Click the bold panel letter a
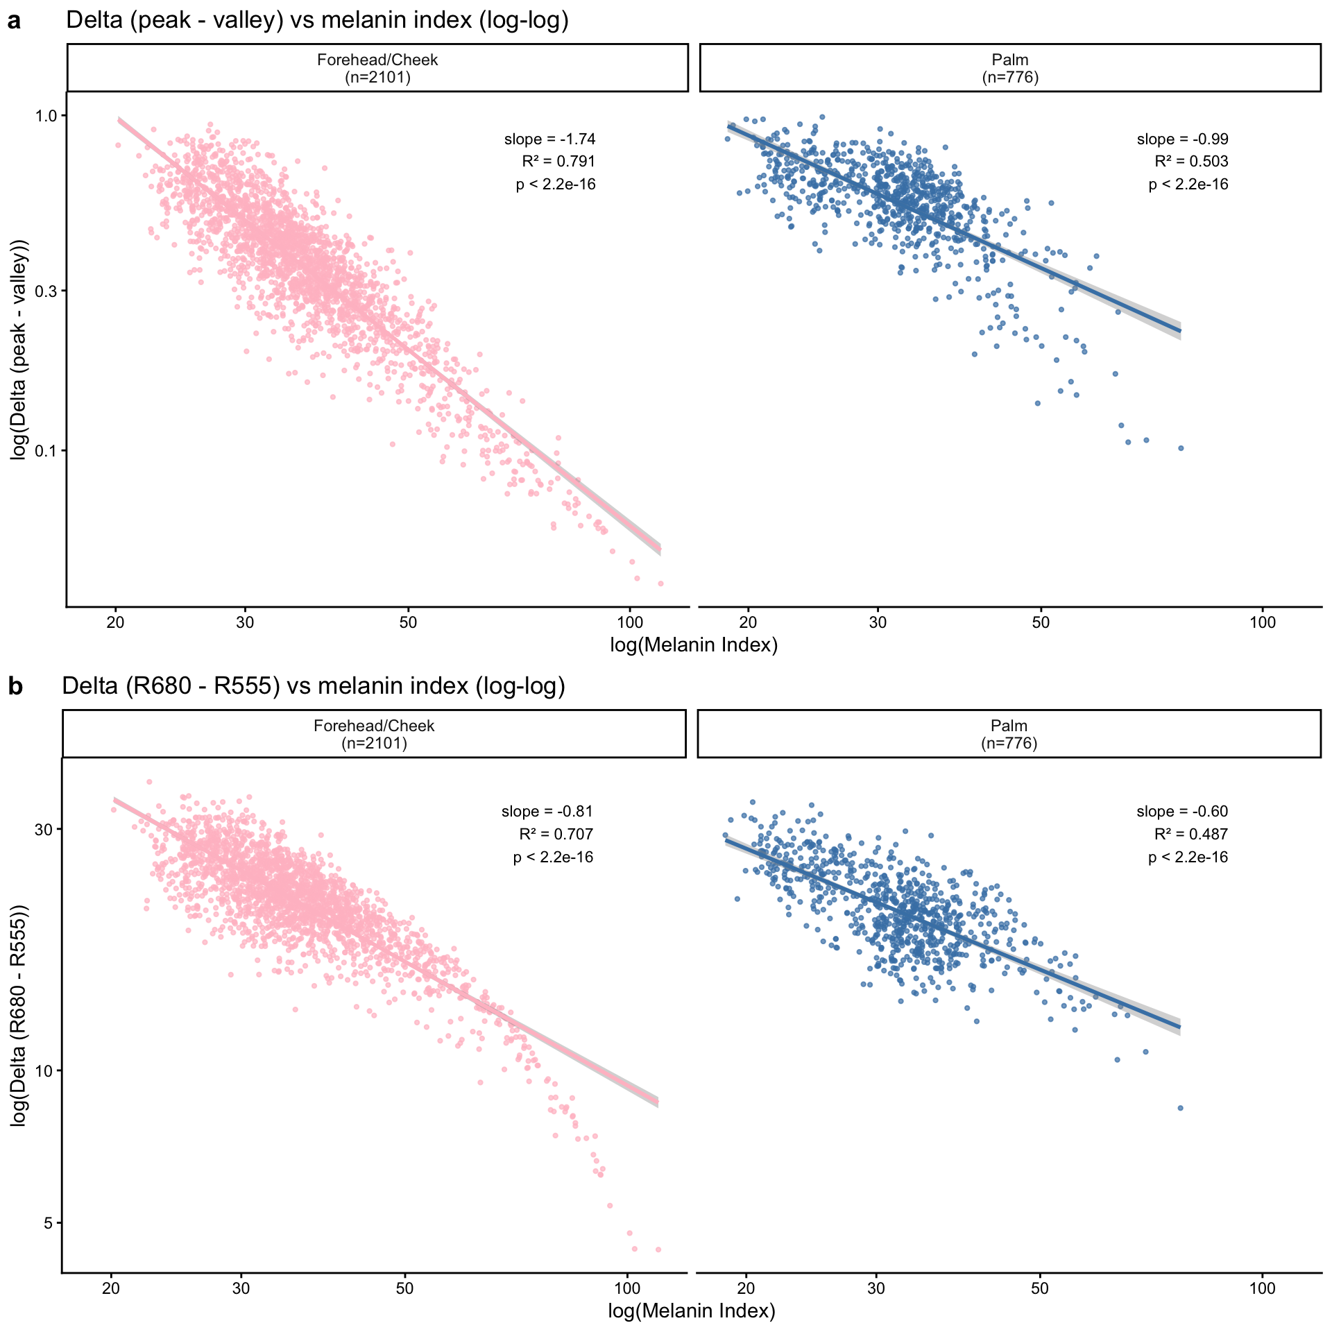[14, 22]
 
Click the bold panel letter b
[15, 687]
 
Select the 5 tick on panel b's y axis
[49, 1223]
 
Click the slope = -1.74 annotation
[549, 139]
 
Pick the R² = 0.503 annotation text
[1191, 162]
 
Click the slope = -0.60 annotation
[1182, 812]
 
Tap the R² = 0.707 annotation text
[556, 834]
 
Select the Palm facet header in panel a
[1009, 68]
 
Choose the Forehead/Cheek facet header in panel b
[374, 734]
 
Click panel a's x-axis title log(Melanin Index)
[694, 645]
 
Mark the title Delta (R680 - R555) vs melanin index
[314, 686]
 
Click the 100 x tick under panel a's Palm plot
[1262, 622]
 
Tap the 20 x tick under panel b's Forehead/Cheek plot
[111, 1288]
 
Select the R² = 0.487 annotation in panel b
[1191, 834]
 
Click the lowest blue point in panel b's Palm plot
[1180, 1108]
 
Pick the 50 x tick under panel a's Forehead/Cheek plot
[408, 622]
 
